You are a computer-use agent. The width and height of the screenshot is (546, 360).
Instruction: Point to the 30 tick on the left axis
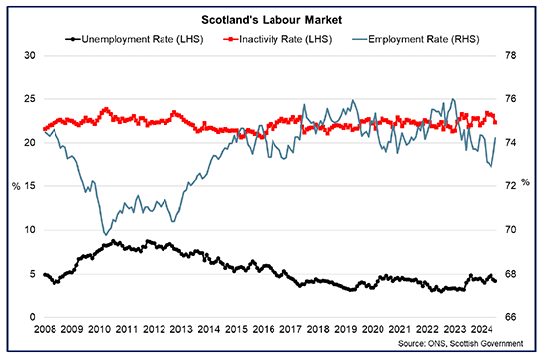click(30, 55)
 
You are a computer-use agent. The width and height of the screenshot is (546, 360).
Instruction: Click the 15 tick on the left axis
click(30, 185)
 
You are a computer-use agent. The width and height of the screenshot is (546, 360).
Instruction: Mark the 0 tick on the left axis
click(33, 317)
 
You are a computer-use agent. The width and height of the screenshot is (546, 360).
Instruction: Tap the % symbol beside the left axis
click(15, 185)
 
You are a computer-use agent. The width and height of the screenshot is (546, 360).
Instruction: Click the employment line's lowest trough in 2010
click(105, 235)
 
